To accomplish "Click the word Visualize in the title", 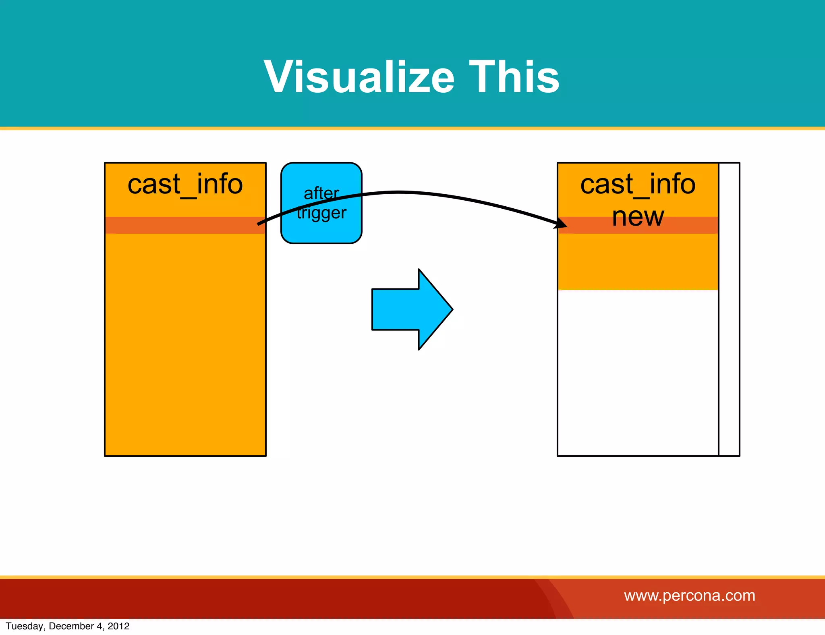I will [359, 77].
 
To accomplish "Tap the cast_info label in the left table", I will [185, 185].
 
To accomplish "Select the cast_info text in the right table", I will [638, 185].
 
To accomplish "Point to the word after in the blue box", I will [321, 193].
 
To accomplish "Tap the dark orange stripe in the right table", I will [685, 226].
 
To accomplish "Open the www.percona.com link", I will [689, 596].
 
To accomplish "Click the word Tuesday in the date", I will [25, 626].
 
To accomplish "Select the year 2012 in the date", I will [118, 626].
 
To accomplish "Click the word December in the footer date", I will [71, 626].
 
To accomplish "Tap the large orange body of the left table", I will [185, 342].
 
